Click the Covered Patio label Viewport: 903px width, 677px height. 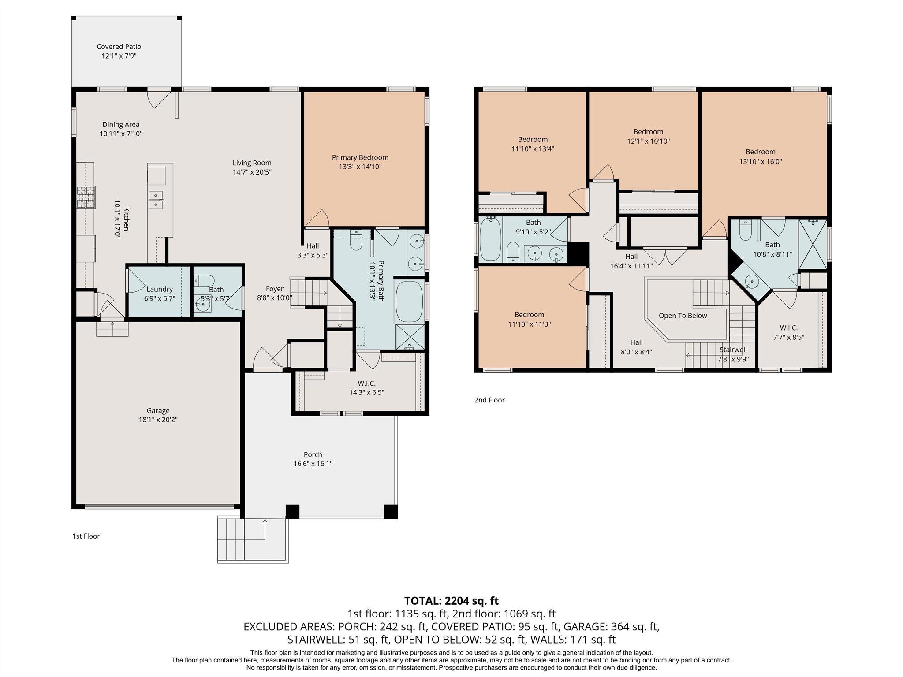[119, 47]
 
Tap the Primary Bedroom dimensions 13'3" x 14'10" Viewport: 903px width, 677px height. [360, 167]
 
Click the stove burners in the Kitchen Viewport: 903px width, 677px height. [86, 197]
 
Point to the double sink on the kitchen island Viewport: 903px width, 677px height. [156, 199]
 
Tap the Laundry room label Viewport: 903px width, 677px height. [159, 289]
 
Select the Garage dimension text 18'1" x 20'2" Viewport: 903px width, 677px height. [158, 420]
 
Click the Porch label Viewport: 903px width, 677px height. [313, 454]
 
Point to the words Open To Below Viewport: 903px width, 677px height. [683, 316]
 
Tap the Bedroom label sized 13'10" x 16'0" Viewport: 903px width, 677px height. [761, 152]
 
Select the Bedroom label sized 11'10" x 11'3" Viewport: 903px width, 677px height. [529, 315]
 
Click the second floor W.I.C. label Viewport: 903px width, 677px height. [788, 328]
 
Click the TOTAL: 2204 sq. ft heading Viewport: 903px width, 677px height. [451, 600]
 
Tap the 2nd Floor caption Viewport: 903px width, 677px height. [489, 400]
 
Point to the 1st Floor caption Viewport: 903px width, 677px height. [86, 536]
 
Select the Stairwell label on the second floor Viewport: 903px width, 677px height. [733, 350]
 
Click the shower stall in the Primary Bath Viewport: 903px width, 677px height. [410, 337]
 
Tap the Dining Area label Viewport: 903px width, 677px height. [121, 124]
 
